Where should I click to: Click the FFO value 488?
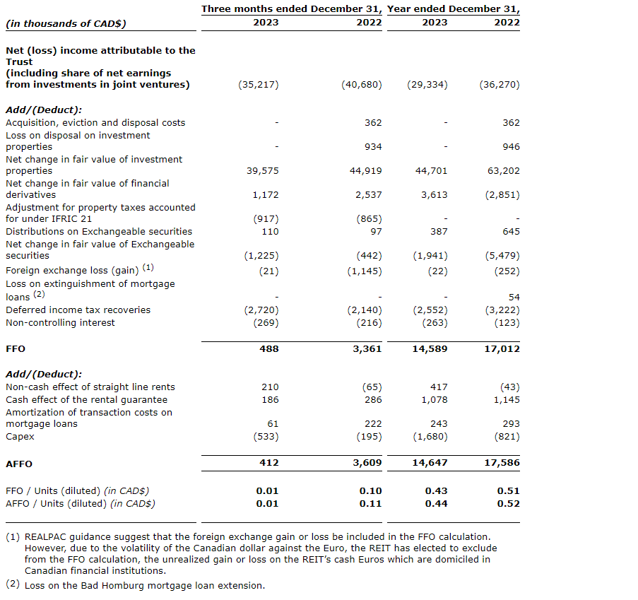pos(268,348)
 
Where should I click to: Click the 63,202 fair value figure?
pos(505,170)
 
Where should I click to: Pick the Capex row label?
pos(20,437)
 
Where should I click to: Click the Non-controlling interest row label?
pos(60,323)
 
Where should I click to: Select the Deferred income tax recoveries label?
pos(78,310)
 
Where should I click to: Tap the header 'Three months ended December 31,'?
pos(292,9)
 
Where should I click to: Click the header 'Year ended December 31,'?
pos(453,9)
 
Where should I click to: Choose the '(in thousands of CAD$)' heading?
pos(65,23)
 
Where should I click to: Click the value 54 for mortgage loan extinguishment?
pos(514,298)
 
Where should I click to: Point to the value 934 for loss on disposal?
pos(373,146)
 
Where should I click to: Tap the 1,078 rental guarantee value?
pos(435,400)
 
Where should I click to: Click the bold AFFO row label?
pos(19,464)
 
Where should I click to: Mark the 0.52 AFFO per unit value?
pos(509,504)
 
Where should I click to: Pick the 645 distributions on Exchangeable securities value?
pos(511,232)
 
